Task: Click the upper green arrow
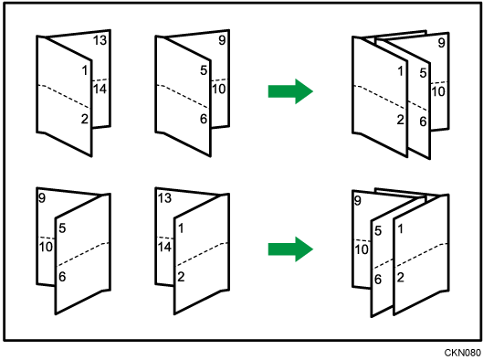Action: coord(290,91)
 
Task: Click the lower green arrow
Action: coord(290,249)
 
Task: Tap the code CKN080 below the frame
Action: coord(462,353)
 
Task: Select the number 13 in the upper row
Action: coord(100,40)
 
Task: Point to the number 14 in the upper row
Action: coord(100,89)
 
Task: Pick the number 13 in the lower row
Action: coord(164,198)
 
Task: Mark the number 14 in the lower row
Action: coord(164,247)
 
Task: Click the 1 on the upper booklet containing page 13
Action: coord(85,70)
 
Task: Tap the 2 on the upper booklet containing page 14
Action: coord(85,119)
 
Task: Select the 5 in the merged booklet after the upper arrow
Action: coord(423,73)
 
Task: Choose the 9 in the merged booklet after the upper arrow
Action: coord(441,43)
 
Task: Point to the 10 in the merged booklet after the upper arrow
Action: coord(438,91)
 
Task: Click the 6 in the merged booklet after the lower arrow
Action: coord(378,280)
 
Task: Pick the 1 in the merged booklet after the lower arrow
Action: coord(400,228)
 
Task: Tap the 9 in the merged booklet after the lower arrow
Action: coord(357,201)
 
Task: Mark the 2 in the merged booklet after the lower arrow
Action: coord(400,278)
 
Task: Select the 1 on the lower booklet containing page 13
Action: coord(181,228)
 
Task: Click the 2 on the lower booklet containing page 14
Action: coord(181,277)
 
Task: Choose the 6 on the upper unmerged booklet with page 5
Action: coord(204,119)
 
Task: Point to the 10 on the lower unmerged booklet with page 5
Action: coord(46,247)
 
